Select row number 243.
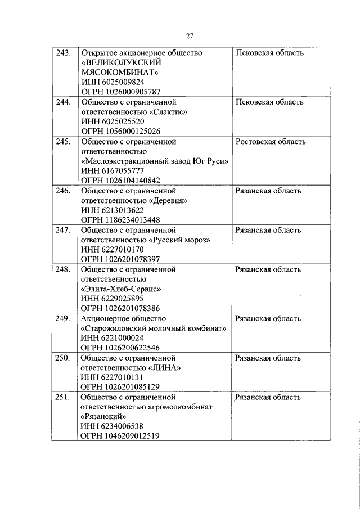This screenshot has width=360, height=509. (63, 53)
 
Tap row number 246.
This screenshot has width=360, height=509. (63, 191)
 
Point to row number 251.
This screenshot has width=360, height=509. (63, 397)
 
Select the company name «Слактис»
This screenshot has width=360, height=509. (168, 112)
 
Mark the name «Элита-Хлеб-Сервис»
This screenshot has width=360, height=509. (121, 289)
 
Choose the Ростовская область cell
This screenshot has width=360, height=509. (271, 142)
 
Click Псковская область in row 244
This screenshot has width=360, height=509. (269, 102)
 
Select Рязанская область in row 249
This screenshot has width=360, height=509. (268, 318)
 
